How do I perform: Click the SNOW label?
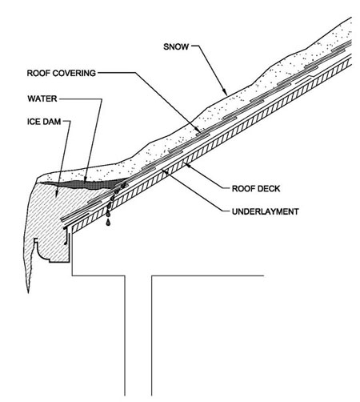[x=176, y=46]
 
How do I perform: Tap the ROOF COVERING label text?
[x=62, y=73]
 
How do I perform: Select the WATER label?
[x=42, y=98]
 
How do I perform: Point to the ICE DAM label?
[x=44, y=122]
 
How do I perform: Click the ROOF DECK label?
[x=256, y=189]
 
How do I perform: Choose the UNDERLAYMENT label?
[x=266, y=211]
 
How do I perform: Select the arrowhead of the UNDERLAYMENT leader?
[x=164, y=171]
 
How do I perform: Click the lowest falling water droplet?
[x=108, y=223]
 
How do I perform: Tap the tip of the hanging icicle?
[x=28, y=292]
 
